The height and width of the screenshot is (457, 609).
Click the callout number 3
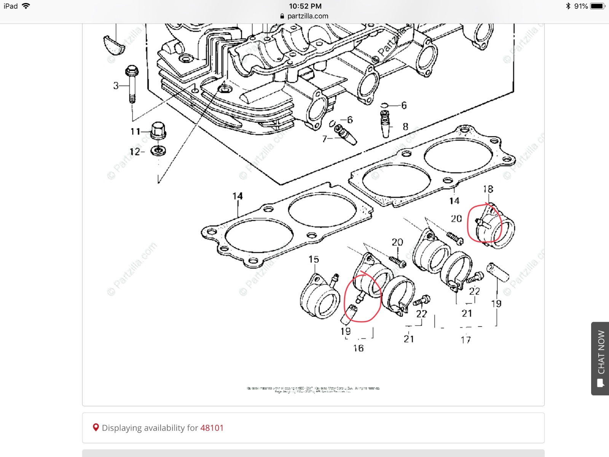coord(116,86)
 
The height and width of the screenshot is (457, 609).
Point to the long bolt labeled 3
coord(132,85)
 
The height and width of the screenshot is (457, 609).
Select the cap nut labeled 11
coord(158,131)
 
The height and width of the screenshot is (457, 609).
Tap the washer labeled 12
coord(158,151)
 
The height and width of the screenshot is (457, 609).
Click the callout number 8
coord(405,126)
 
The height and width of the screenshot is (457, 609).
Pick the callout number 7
coord(324,139)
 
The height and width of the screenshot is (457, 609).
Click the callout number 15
coord(314,259)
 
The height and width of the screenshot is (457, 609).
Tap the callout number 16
coord(358,348)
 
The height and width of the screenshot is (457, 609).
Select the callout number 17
coord(466,340)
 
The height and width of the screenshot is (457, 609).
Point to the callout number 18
coord(488,189)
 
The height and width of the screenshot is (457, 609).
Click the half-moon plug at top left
coord(114,44)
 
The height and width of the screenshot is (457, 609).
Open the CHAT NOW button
coord(601,358)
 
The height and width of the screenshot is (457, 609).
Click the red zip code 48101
coord(212,428)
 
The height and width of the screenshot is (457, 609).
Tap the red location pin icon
coord(96,428)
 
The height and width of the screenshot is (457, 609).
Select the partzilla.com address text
coord(308,16)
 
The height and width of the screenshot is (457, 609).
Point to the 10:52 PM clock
coord(305,6)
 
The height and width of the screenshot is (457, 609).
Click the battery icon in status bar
coord(597,6)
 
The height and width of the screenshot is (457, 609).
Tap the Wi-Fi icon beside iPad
coord(26,6)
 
